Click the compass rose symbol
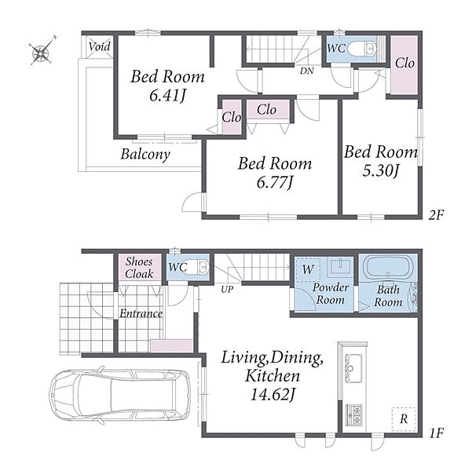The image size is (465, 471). pos(41,53)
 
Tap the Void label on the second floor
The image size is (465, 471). pos(100,46)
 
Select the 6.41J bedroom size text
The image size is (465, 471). pos(167,96)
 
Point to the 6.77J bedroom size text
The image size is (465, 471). pos(275,182)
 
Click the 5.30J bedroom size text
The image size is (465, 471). pos(380,170)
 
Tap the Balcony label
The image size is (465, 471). pos(145,154)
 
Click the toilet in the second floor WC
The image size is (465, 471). pos(361,48)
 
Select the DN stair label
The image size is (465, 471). pos(306,71)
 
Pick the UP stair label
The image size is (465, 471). pos(227,289)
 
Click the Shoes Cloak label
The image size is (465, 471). pos(139,268)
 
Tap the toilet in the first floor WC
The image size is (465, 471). pos(199,267)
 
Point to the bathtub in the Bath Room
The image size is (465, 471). pos(388,268)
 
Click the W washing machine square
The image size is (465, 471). pos(308,269)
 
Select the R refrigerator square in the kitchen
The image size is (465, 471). pos(404,418)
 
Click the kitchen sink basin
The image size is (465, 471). pos(353,368)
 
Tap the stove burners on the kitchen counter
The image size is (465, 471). pos(353,414)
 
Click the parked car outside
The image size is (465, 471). pos(119,394)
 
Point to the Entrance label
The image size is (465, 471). pos(141,313)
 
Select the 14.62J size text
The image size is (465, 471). pos(273,394)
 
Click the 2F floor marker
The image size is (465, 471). pos(436,215)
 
